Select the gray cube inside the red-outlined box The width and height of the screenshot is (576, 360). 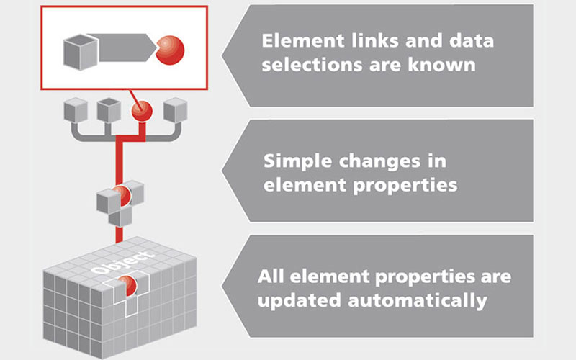(x=78, y=49)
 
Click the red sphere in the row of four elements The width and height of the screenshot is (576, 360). (x=141, y=112)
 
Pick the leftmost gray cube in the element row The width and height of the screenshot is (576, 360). (x=76, y=110)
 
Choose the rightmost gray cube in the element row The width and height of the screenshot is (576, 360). (x=175, y=110)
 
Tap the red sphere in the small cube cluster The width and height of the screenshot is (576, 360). (x=122, y=194)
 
